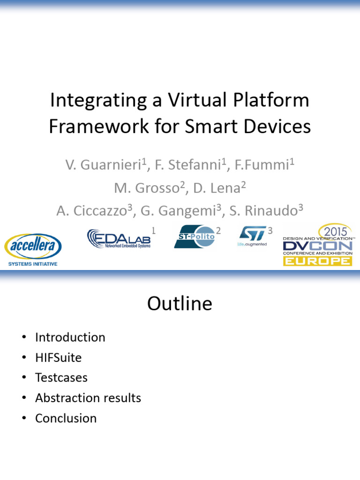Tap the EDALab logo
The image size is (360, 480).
click(x=119, y=238)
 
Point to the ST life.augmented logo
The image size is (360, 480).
click(x=252, y=236)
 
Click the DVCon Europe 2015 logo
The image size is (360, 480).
click(x=317, y=245)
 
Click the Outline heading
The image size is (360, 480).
click(x=180, y=304)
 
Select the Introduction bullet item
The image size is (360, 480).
click(x=70, y=337)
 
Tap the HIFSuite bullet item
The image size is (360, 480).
click(x=58, y=358)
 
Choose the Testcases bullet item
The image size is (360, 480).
click(x=61, y=378)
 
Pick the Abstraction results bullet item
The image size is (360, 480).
click(x=88, y=398)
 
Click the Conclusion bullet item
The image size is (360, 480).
click(x=66, y=418)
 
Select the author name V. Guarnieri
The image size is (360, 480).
click(x=102, y=165)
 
